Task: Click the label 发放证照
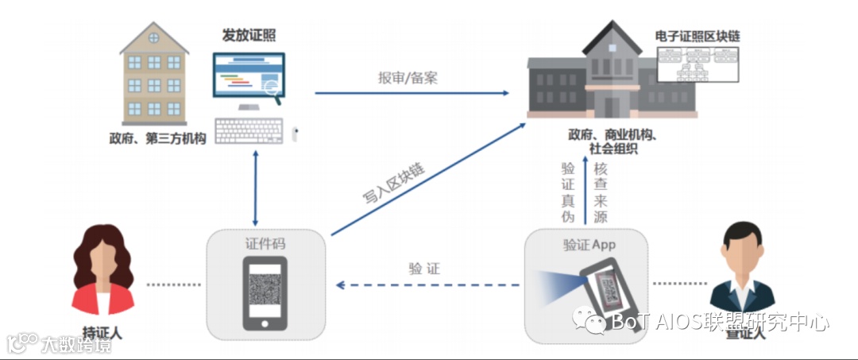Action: coord(249,35)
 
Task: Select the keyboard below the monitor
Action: coord(248,130)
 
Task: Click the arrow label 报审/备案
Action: coord(408,78)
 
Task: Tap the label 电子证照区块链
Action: coord(703,36)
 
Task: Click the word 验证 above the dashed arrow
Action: coord(424,269)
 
